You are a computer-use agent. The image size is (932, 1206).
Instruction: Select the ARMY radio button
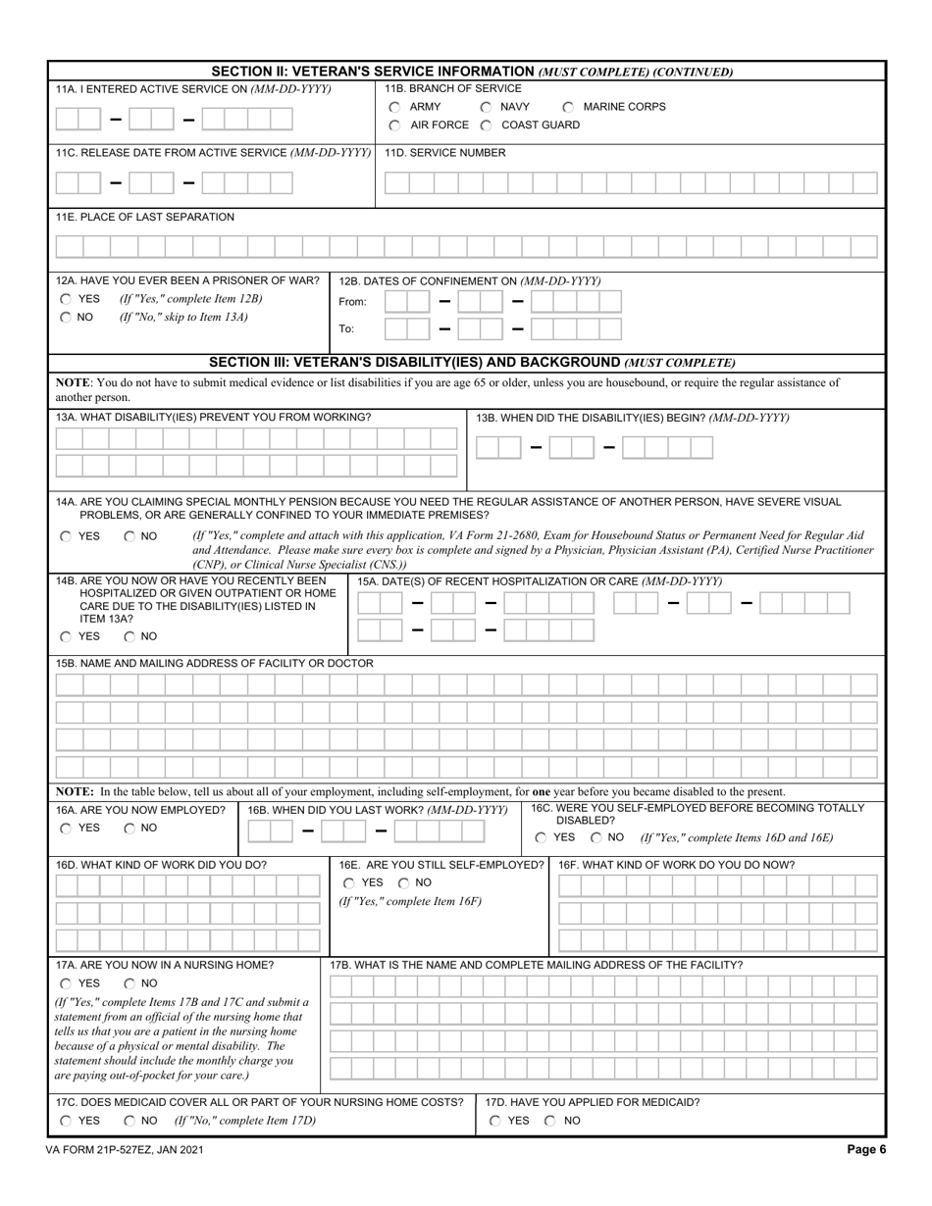pos(394,107)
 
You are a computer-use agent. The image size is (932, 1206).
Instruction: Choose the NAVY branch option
pos(486,107)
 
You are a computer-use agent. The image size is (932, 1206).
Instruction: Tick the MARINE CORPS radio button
pos(568,107)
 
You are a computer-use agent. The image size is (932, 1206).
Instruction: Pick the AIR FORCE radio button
pos(394,126)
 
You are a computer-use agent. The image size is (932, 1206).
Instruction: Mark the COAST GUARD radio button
pos(486,126)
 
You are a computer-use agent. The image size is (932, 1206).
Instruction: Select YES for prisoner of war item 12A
pos(66,299)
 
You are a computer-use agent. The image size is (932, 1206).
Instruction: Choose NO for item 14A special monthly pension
pos(130,536)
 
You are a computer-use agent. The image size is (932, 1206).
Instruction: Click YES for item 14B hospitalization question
pos(66,636)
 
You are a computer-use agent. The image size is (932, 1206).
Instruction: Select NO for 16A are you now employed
pos(130,829)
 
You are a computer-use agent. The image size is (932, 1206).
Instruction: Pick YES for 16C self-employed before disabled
pos(542,837)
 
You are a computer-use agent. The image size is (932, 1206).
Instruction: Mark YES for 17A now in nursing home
pos(66,983)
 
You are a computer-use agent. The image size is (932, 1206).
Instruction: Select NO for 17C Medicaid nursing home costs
pos(130,1121)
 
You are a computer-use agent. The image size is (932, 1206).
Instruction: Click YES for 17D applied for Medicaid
pos(495,1121)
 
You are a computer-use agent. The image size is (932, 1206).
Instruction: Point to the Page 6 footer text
pos(866,1150)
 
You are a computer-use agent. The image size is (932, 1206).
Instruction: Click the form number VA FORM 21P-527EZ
pos(129,1150)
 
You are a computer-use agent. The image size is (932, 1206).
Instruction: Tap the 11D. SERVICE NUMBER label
pos(444,153)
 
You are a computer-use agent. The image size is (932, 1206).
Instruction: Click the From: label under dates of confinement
pos(352,302)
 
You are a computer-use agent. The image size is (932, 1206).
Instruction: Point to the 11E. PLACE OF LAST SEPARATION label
pos(145,217)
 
